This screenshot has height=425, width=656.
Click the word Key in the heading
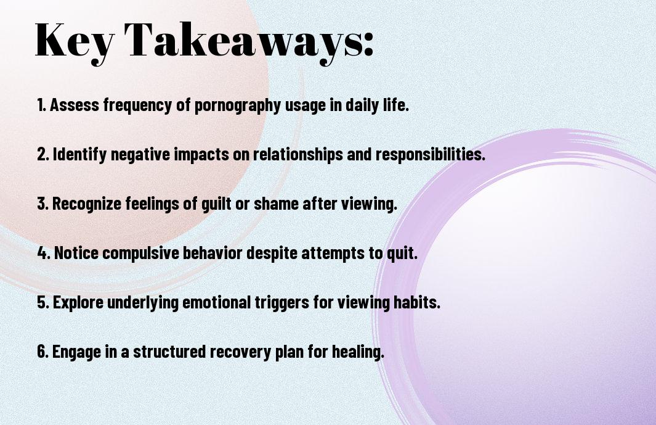[73, 40]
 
